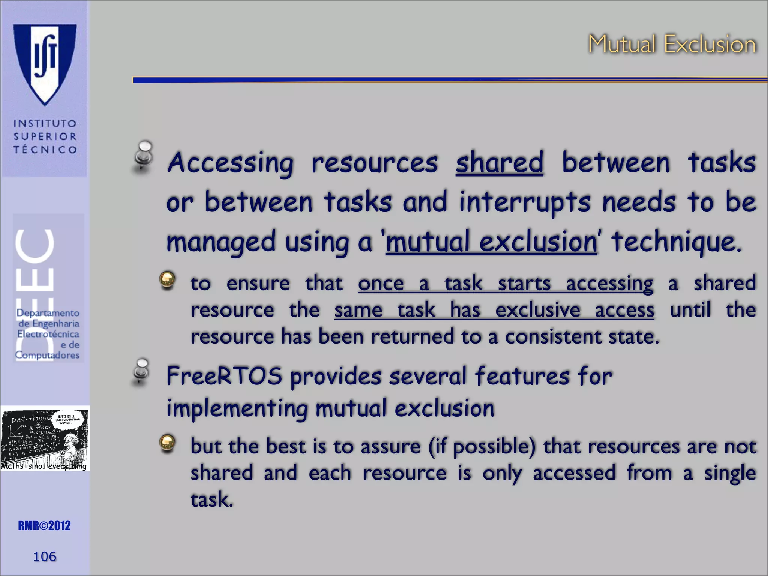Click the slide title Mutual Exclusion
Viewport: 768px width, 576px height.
click(671, 44)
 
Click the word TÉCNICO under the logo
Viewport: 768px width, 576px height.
click(45, 150)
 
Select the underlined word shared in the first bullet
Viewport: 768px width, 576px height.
click(499, 163)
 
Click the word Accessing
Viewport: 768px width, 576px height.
click(230, 163)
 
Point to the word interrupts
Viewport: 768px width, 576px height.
click(524, 202)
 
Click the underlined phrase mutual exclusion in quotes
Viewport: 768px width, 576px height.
click(491, 242)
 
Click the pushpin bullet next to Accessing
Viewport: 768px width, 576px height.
click(143, 157)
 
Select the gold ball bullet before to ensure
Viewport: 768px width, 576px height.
click(167, 280)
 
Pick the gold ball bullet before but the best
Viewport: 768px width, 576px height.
click(167, 443)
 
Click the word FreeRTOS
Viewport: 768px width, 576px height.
click(224, 376)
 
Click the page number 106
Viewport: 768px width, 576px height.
click(45, 556)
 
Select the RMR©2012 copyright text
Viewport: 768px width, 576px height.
click(44, 526)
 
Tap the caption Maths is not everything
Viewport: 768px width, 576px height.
click(44, 466)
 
